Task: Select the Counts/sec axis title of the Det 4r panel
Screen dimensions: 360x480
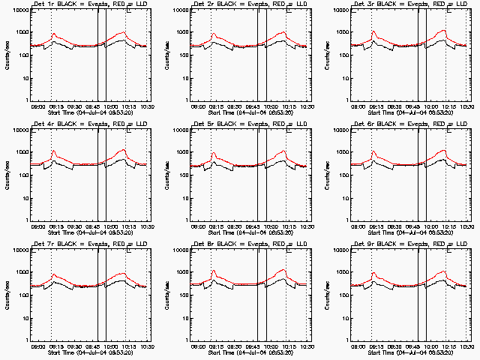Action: coord(8,175)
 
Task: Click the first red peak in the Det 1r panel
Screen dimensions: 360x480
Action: coord(54,34)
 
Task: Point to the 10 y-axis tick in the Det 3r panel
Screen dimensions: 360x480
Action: coord(346,77)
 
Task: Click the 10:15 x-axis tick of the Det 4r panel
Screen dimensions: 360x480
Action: coord(124,226)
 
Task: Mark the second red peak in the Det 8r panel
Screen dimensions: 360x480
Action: coord(284,270)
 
